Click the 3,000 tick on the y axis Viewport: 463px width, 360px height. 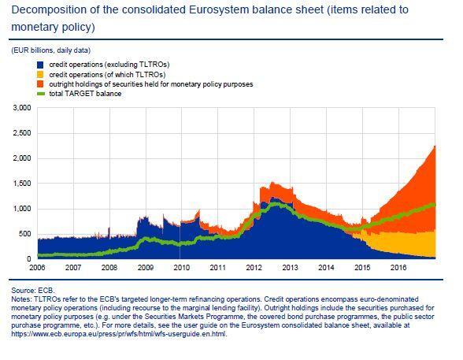pos(22,108)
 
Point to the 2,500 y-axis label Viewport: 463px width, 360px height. pos(22,133)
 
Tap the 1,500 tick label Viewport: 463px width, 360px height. pos(22,184)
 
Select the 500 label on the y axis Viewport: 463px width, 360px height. pos(24,234)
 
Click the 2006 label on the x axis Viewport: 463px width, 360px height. pos(37,268)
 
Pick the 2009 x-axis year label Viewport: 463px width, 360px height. pos(146,268)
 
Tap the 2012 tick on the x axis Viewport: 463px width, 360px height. pos(254,268)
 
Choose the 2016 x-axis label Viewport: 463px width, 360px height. pos(398,268)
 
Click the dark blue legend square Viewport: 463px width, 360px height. pos(40,65)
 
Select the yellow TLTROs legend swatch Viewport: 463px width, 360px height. pos(40,74)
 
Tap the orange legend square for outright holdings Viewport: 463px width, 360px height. pos(40,84)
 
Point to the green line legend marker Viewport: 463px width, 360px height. pos(40,94)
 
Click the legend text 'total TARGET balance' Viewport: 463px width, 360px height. pos(85,94)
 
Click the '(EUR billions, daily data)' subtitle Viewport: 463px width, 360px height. pos(50,50)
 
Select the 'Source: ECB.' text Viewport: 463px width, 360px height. pos(33,291)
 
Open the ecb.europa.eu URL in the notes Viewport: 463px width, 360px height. pos(119,334)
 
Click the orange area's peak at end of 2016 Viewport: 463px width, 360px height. pos(435,146)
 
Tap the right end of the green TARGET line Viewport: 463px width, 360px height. pos(435,205)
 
